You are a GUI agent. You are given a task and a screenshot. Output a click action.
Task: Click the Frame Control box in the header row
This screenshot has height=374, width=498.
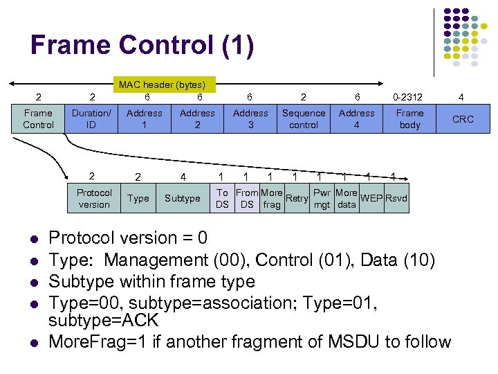(x=38, y=119)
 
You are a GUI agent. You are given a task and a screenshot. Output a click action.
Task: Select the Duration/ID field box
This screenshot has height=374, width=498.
(x=91, y=119)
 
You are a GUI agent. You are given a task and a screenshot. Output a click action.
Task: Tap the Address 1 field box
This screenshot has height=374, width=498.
(x=145, y=119)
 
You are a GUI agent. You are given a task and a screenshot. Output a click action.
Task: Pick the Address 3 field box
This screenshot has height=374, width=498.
(x=250, y=119)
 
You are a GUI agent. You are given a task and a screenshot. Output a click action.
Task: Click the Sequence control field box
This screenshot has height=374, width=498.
(x=304, y=119)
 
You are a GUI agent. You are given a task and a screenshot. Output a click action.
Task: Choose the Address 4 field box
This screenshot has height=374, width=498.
(x=357, y=119)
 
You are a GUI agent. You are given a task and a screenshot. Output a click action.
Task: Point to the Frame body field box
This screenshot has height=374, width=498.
(x=409, y=119)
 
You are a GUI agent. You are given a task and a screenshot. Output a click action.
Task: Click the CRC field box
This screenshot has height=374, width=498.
(x=463, y=119)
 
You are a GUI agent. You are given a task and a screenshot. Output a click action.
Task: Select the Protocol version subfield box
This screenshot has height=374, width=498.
(x=94, y=198)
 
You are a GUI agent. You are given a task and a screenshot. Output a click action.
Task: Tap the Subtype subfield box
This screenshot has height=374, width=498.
(x=182, y=198)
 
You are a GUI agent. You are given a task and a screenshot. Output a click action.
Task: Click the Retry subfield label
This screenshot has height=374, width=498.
(x=297, y=199)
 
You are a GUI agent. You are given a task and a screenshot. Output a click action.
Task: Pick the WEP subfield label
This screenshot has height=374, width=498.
(x=371, y=199)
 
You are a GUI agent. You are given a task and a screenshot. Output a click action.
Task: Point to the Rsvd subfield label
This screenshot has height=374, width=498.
(x=396, y=199)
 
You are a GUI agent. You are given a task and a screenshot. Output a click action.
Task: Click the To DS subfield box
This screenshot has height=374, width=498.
(x=222, y=198)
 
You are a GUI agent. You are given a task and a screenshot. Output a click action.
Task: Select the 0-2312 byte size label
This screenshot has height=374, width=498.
(x=408, y=97)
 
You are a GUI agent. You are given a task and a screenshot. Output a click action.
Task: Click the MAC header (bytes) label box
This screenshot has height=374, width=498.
(x=167, y=84)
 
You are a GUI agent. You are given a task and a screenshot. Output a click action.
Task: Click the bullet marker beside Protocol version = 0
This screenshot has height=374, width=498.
(x=33, y=239)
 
